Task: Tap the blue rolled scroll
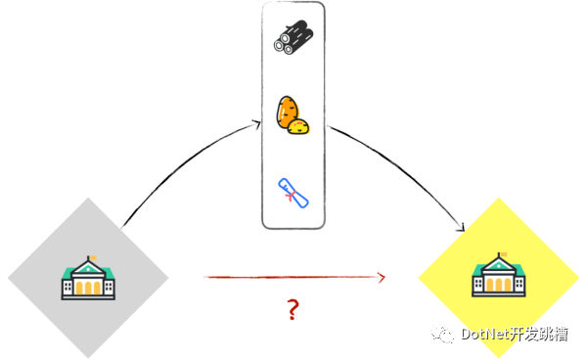pyautogui.click(x=293, y=192)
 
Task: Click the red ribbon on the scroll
pyautogui.click(x=289, y=196)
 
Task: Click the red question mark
pyautogui.click(x=292, y=311)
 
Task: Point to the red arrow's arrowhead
pyautogui.click(x=382, y=278)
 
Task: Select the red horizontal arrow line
pyautogui.click(x=293, y=278)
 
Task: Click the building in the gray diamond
pyautogui.click(x=87, y=278)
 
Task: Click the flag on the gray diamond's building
pyautogui.click(x=93, y=259)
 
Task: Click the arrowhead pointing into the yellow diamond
pyautogui.click(x=459, y=228)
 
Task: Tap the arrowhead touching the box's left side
pyautogui.click(x=256, y=123)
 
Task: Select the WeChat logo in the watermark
pyautogui.click(x=445, y=334)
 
